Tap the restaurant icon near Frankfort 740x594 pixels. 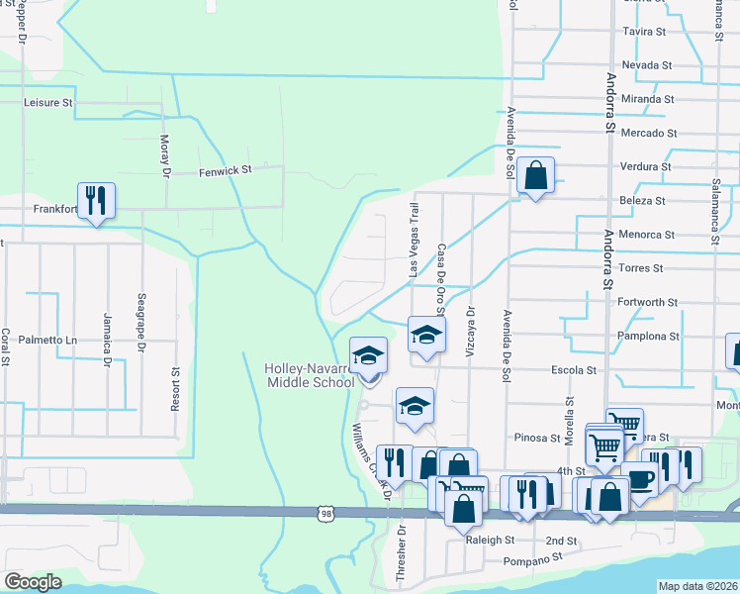(x=96, y=200)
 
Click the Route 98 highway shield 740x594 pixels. (x=326, y=513)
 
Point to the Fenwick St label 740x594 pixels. (x=226, y=170)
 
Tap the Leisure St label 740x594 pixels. (x=48, y=102)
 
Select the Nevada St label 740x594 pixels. (x=648, y=65)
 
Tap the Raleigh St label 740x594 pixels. (x=491, y=541)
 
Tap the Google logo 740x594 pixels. (x=34, y=582)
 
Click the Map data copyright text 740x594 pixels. (x=696, y=586)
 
